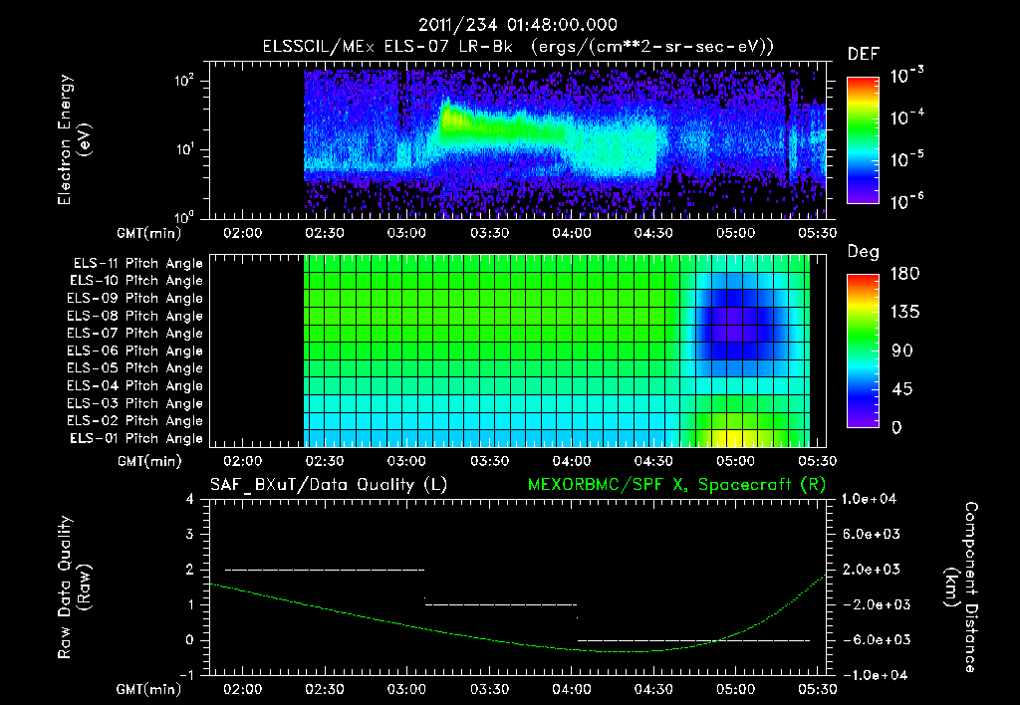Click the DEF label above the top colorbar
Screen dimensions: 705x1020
tap(863, 54)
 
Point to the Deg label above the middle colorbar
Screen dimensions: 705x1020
tap(862, 252)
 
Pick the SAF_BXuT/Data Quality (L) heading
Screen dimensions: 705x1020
tap(328, 485)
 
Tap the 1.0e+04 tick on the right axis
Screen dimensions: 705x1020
tap(873, 499)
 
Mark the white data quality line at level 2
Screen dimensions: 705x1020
tap(325, 570)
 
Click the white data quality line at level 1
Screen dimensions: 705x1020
tap(501, 604)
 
